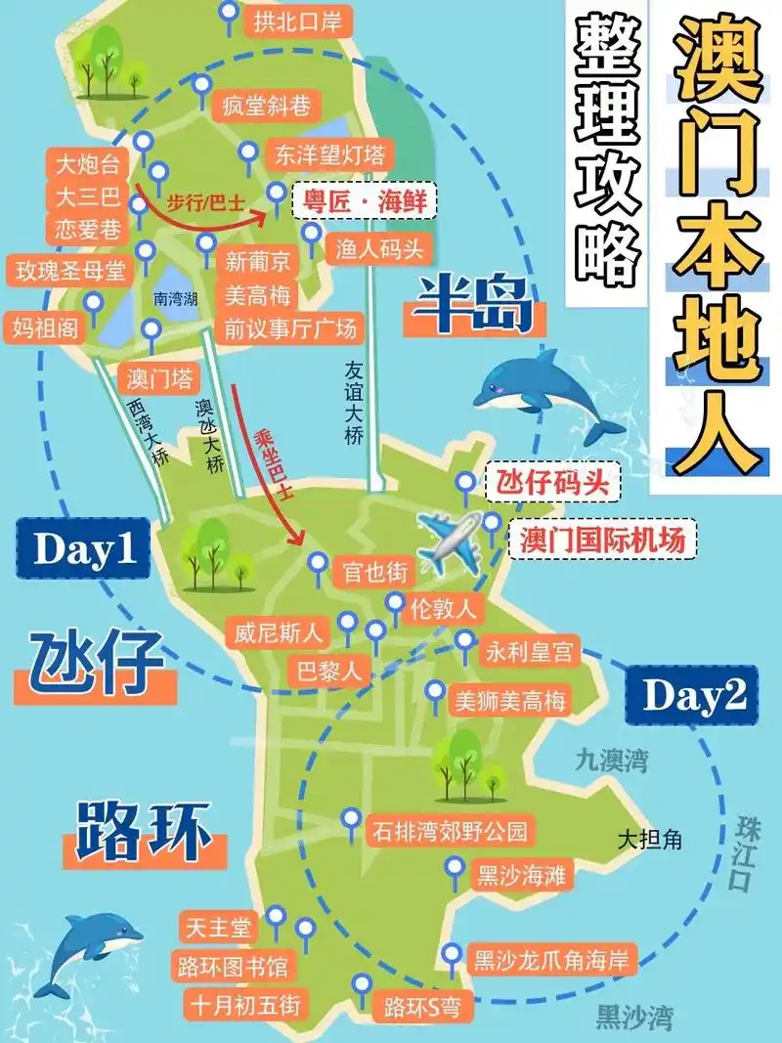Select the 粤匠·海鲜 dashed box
pyautogui.click(x=364, y=200)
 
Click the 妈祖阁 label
pyautogui.click(x=45, y=326)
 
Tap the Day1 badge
pyautogui.click(x=84, y=549)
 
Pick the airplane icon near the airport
pyautogui.click(x=449, y=541)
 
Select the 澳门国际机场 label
pyautogui.click(x=602, y=539)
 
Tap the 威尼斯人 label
pyautogui.click(x=278, y=632)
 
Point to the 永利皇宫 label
pyautogui.click(x=529, y=650)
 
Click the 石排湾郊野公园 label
pyautogui.click(x=450, y=832)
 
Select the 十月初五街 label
pyautogui.click(x=245, y=1004)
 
